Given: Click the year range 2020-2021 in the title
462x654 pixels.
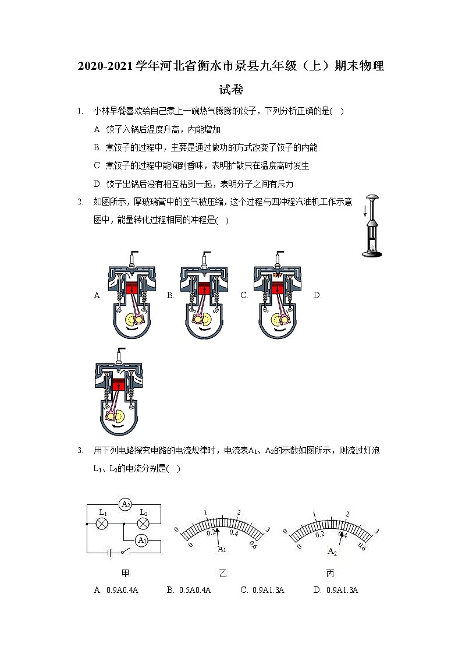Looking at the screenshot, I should [105, 66].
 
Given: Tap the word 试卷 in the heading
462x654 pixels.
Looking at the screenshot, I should [231, 90].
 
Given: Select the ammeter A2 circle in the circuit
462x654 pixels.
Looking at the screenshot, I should [125, 504].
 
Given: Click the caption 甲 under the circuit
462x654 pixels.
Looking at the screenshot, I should [124, 574].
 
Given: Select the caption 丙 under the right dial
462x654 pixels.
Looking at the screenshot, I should [330, 574].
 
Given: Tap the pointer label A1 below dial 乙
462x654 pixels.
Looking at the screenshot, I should [222, 549].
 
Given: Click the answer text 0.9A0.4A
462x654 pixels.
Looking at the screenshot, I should [122, 590].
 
